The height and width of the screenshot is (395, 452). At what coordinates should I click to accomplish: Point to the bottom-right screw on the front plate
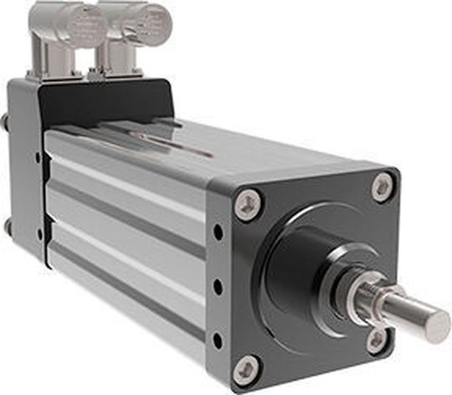click(378, 338)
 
